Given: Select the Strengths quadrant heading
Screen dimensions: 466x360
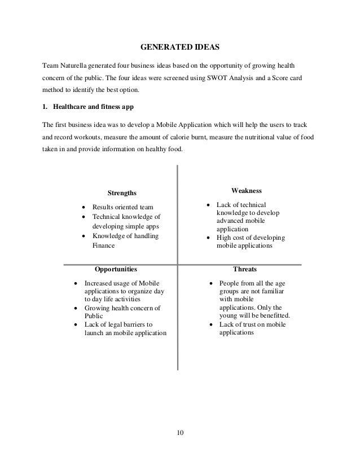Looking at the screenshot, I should point(122,194).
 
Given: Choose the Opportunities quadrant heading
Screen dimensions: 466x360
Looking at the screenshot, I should point(116,270).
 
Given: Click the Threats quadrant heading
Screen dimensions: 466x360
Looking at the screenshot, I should point(244,270).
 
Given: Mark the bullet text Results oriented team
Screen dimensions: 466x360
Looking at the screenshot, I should point(122,207).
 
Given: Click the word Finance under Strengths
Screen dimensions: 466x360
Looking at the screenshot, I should point(103,246).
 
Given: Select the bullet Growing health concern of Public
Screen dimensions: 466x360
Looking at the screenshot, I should point(122,312).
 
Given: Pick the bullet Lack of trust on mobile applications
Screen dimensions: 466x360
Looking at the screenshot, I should point(252,329).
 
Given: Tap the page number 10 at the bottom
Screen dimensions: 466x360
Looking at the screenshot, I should point(180,433).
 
